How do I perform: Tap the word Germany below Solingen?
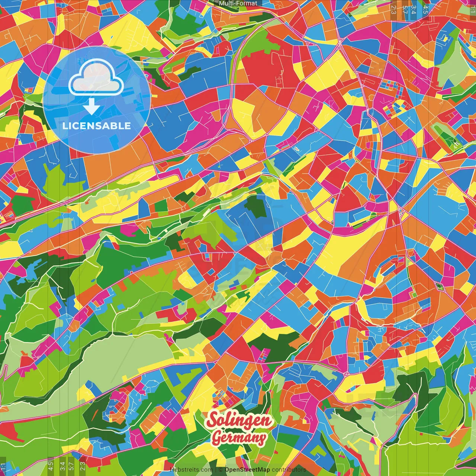coord(239,438)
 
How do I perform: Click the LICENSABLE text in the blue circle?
coord(97,126)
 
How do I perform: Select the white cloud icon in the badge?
coord(96,79)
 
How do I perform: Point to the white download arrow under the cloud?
coord(91,106)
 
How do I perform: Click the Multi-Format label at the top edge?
coord(238,3)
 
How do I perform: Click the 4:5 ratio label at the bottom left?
coord(51,466)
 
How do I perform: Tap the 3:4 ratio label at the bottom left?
coord(62,466)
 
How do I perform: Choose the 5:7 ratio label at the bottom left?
coord(71,466)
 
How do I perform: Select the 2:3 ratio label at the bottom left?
coord(83,466)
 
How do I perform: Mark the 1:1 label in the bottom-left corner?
coord(3,466)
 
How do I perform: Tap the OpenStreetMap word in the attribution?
coord(247,470)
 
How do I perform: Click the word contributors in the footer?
coord(289,470)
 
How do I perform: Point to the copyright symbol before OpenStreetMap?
coord(221,470)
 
